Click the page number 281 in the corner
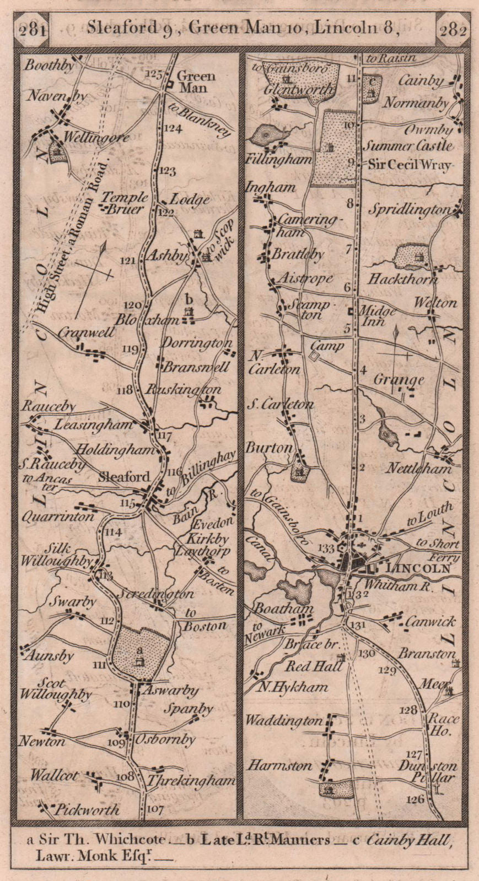pyautogui.click(x=31, y=30)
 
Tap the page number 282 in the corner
pyautogui.click(x=453, y=30)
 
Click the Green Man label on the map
pyautogui.click(x=192, y=83)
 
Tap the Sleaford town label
pyautogui.click(x=123, y=477)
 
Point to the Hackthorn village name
pyautogui.click(x=402, y=279)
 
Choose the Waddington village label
pyautogui.click(x=284, y=720)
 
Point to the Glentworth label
pyautogui.click(x=299, y=89)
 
